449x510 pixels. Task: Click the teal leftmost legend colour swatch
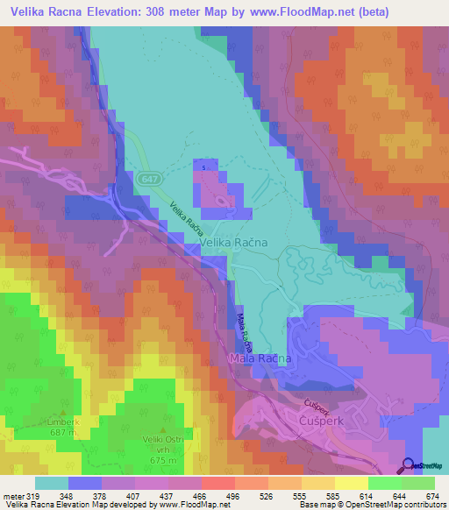(52, 484)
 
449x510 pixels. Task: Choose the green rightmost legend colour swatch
(417, 484)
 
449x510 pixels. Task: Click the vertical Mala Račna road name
(239, 329)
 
